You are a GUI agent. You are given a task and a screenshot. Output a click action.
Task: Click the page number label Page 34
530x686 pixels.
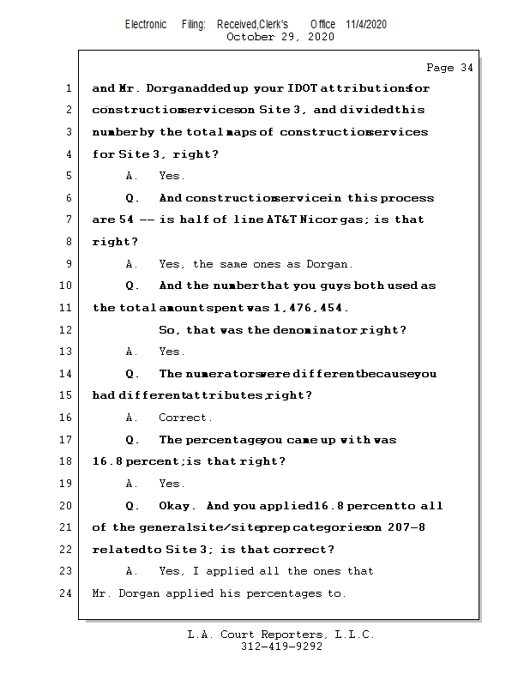[x=449, y=68]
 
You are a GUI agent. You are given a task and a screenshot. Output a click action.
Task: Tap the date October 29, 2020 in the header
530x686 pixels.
[x=280, y=37]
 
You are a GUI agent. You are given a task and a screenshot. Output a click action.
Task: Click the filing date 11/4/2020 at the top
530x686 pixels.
[x=366, y=24]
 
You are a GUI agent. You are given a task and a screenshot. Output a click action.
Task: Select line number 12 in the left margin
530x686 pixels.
[x=65, y=330]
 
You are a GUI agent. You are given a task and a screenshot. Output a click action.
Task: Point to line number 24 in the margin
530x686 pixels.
[x=65, y=593]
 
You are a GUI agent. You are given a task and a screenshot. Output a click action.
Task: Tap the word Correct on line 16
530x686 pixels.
[x=185, y=418]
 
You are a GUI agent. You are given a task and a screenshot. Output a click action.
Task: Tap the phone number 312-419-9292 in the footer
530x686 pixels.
[x=281, y=647]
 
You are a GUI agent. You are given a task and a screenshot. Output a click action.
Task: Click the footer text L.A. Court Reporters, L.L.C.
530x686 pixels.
[x=281, y=635]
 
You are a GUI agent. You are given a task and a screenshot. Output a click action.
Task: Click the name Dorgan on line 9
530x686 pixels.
[x=322, y=264]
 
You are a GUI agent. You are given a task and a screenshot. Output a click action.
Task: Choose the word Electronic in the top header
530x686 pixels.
[x=146, y=24]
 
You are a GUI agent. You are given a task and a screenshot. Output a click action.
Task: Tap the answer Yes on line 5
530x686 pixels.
[x=171, y=176]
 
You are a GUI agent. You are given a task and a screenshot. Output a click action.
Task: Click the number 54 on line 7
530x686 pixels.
[x=126, y=220]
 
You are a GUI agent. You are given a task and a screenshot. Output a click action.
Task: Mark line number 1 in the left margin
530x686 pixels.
[x=68, y=88]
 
